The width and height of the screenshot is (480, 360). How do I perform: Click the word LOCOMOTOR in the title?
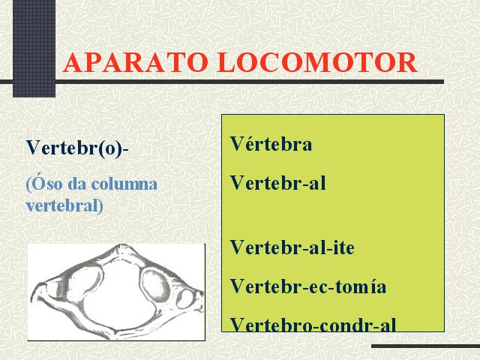pyautogui.click(x=316, y=62)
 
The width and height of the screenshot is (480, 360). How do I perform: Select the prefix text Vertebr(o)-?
pyautogui.click(x=77, y=148)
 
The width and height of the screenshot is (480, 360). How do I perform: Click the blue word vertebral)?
pyautogui.click(x=64, y=206)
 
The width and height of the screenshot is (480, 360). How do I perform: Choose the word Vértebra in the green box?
pyautogui.click(x=271, y=143)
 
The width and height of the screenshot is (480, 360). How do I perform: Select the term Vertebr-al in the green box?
pyautogui.click(x=277, y=183)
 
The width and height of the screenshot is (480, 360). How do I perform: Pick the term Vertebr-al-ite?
pyautogui.click(x=292, y=247)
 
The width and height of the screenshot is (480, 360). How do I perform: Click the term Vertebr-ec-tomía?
pyautogui.click(x=308, y=286)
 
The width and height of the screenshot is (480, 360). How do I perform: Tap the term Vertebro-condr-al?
pyautogui.click(x=313, y=325)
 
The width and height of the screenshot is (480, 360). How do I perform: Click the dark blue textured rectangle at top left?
pyautogui.click(x=34, y=48)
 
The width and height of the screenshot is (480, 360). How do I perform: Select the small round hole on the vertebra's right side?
pyautogui.click(x=185, y=298)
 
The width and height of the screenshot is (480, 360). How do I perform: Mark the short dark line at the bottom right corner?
pyautogui.click(x=425, y=346)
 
